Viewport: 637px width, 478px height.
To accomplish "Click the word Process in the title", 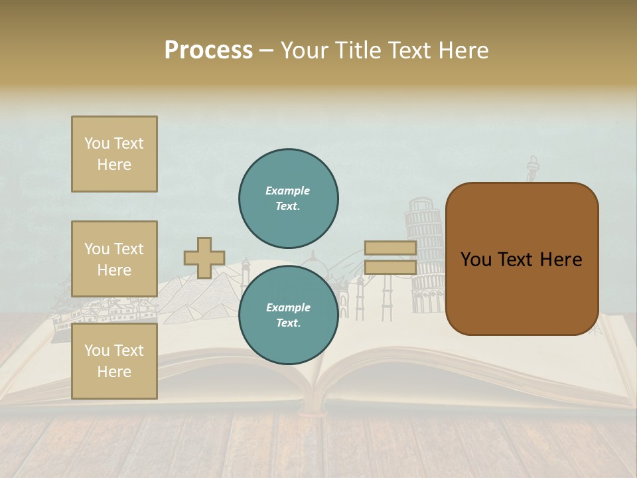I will pos(208,50).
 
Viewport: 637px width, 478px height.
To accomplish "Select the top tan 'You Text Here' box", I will pos(114,154).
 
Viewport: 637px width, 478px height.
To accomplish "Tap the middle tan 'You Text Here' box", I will pos(114,259).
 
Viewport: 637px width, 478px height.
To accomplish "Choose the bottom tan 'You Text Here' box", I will pos(114,360).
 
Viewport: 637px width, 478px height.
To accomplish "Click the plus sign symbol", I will pos(204,258).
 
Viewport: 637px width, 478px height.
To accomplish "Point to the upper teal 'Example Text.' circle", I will pos(288,199).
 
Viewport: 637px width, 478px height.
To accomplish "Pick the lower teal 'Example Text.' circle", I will pos(288,315).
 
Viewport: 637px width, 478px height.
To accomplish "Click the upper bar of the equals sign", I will pos(390,248).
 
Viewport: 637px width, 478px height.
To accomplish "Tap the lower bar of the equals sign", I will pos(390,267).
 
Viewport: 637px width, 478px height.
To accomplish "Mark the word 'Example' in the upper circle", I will pos(288,191).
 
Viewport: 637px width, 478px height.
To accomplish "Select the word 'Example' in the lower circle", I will pos(288,308).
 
